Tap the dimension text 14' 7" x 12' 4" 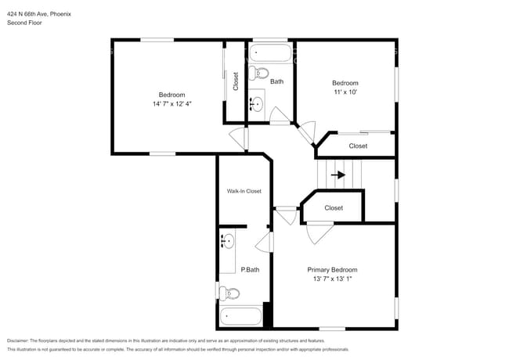pyautogui.click(x=171, y=104)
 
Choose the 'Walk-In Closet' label pyautogui.click(x=244, y=191)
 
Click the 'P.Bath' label pyautogui.click(x=250, y=270)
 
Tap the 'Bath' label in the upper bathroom pyautogui.click(x=276, y=81)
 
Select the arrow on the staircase pyautogui.click(x=338, y=175)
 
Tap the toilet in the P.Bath pyautogui.click(x=228, y=293)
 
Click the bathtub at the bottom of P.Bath pyautogui.click(x=241, y=316)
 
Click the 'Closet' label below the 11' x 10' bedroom pyautogui.click(x=358, y=146)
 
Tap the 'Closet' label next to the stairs pyautogui.click(x=334, y=208)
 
